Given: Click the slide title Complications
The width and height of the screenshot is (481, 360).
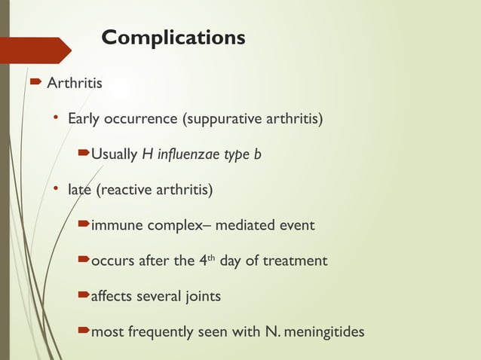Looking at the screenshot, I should coord(173,37).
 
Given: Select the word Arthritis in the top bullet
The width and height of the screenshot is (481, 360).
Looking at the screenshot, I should coord(75,83).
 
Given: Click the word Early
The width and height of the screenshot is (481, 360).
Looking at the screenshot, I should coord(84,119).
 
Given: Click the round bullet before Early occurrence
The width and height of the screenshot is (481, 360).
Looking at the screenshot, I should coord(55,119).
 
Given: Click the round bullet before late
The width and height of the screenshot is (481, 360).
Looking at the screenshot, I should coord(55,191).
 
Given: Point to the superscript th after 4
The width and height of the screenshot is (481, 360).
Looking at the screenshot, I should coord(212,258).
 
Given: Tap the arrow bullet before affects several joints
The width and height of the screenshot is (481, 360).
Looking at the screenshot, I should coord(83,297).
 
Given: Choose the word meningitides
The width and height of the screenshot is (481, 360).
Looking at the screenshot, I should coord(321,332).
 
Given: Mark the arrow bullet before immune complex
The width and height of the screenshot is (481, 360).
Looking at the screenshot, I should coord(83,225).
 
